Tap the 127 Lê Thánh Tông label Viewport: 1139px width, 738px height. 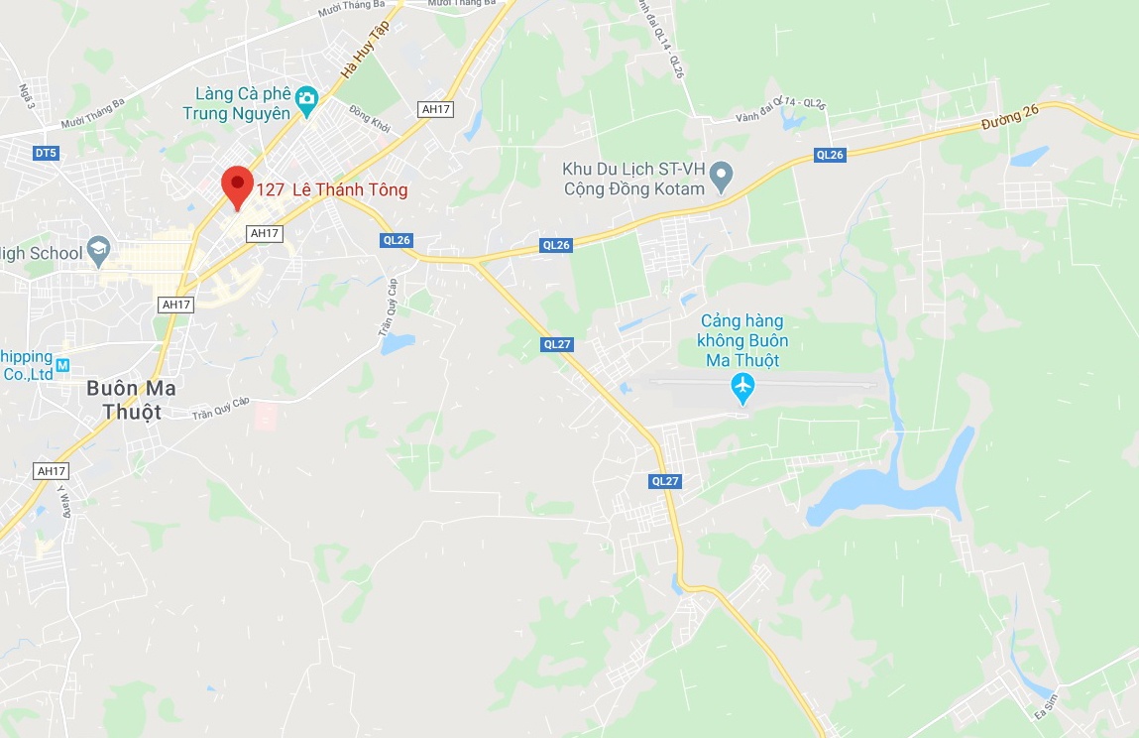point(331,190)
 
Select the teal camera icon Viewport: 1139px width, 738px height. point(307,97)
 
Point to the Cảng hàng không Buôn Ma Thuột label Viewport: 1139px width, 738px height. point(741,340)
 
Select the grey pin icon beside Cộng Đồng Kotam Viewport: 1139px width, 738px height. point(722,178)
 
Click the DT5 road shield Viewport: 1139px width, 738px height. point(46,153)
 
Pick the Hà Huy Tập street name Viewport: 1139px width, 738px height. point(364,52)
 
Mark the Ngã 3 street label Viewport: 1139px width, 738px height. point(27,97)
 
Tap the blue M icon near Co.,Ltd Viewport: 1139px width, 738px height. point(62,365)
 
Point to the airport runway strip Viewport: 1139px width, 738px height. point(763,382)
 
